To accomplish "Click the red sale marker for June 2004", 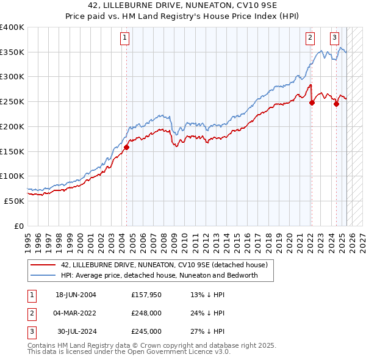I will [127, 147].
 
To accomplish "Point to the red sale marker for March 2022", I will [312, 103].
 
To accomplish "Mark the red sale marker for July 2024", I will [336, 104].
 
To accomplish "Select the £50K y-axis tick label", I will [14, 201].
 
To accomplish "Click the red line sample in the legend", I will [43, 265].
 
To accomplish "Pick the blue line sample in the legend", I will [43, 275].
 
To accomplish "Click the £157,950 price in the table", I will [146, 295].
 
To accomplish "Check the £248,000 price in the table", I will [146, 313].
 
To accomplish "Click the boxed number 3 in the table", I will [30, 331].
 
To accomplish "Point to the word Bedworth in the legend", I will [242, 275].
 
